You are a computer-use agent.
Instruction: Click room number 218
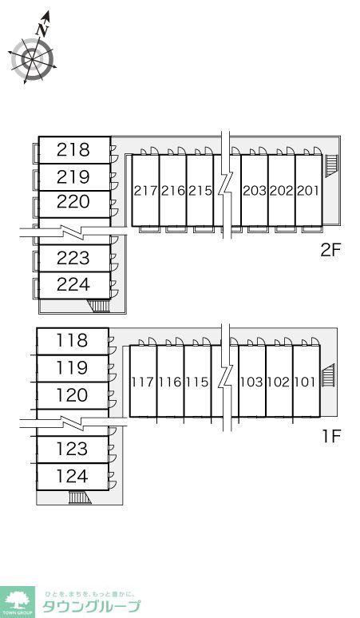click(73, 150)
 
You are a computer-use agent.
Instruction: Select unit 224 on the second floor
click(73, 284)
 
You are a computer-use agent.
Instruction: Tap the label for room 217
click(145, 191)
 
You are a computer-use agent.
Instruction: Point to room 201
click(309, 191)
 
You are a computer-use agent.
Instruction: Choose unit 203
click(255, 191)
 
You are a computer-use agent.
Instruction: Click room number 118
click(72, 341)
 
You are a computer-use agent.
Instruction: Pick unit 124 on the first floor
click(72, 476)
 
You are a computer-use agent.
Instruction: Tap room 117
click(143, 382)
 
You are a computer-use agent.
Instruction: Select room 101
click(306, 382)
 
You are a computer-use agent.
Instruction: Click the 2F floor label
click(330, 250)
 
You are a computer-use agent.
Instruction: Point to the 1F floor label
click(330, 436)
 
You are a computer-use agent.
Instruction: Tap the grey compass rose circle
click(32, 59)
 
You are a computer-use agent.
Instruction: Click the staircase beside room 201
click(331, 165)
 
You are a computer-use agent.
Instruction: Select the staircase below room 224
click(98, 306)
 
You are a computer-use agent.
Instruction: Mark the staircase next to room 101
click(329, 375)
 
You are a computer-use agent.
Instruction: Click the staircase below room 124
click(80, 497)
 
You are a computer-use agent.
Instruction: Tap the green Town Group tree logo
click(18, 602)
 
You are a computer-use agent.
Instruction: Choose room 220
click(73, 202)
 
